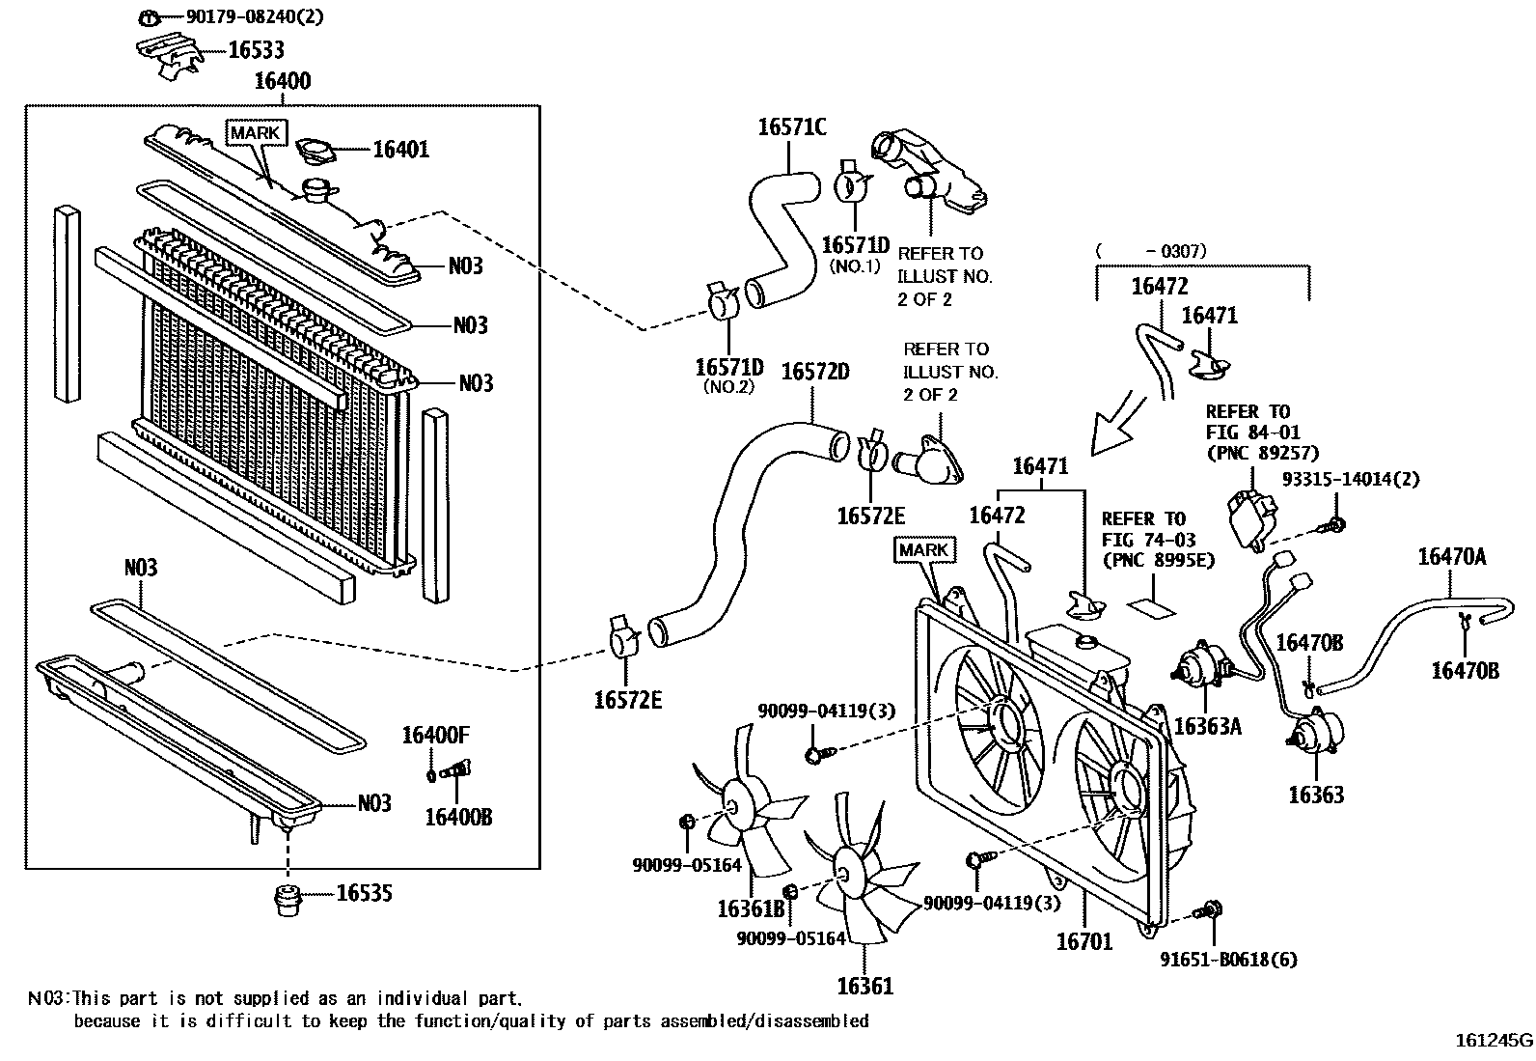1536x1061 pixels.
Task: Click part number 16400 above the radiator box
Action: (282, 81)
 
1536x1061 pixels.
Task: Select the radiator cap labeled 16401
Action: (315, 152)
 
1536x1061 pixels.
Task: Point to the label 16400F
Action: (435, 736)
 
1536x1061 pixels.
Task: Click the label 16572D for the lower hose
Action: (814, 371)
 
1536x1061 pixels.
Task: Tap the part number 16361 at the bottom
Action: (864, 986)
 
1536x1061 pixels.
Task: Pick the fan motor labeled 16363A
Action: (1198, 668)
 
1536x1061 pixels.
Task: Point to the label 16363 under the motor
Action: (1315, 795)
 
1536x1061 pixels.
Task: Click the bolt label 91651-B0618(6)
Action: (1228, 960)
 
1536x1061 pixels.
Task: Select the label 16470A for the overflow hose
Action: (1451, 556)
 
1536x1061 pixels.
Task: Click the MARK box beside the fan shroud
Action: (923, 550)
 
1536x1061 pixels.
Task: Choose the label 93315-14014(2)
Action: (1350, 479)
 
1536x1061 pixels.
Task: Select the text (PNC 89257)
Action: (1262, 452)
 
